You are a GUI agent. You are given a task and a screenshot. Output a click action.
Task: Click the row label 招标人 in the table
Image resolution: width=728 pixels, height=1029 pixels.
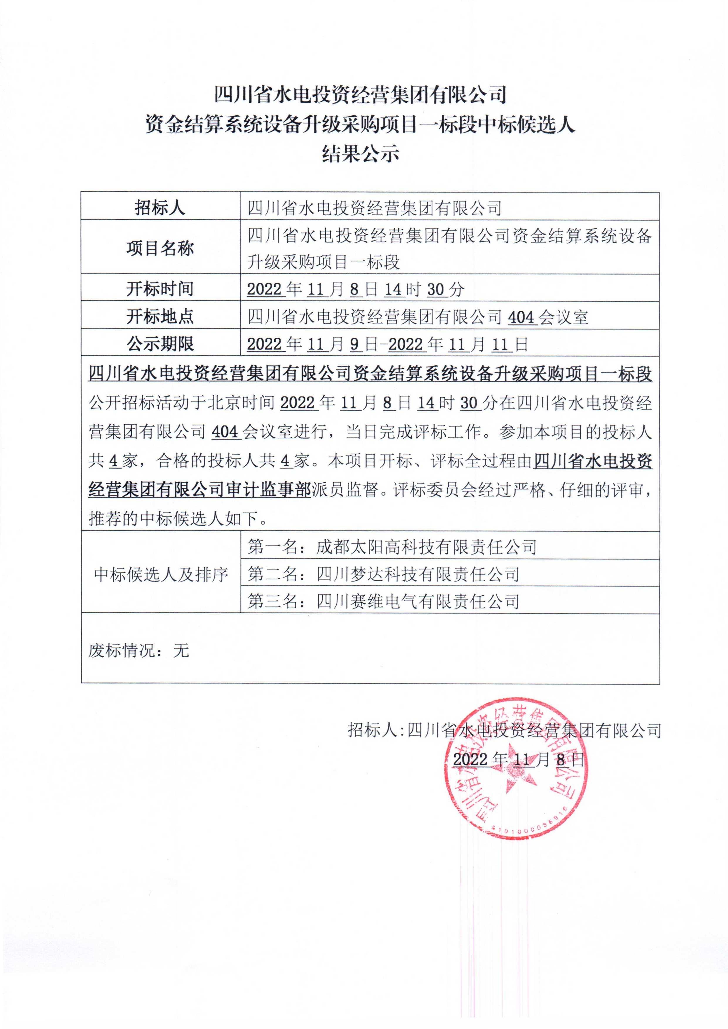click(160, 207)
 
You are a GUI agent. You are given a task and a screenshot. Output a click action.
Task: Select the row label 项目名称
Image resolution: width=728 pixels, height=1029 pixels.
click(160, 248)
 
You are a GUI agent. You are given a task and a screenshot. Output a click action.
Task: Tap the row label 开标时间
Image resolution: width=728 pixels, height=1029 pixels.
click(160, 289)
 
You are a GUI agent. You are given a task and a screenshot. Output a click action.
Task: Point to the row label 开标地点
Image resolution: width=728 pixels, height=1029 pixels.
click(160, 317)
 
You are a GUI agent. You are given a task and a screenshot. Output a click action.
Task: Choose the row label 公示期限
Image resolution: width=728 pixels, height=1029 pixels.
click(160, 344)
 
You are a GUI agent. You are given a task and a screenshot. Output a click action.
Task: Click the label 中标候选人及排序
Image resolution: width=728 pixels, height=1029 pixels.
click(161, 574)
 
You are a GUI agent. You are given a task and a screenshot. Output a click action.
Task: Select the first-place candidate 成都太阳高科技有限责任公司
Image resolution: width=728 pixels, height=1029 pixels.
click(426, 547)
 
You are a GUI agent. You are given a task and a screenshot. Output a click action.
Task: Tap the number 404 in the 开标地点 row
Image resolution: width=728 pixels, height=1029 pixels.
click(521, 317)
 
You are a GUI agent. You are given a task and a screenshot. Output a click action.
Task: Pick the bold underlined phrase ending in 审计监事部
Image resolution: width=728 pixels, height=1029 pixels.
click(200, 490)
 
